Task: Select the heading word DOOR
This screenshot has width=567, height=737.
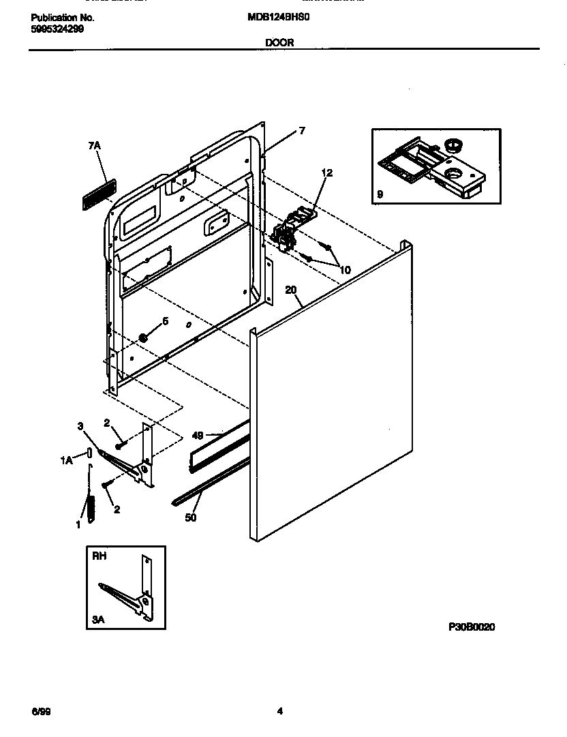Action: (x=279, y=42)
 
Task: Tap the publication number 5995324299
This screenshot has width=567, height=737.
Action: (x=57, y=29)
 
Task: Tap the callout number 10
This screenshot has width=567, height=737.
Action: (x=345, y=270)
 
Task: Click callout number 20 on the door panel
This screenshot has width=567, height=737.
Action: (x=291, y=290)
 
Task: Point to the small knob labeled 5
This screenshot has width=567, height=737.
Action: (x=144, y=337)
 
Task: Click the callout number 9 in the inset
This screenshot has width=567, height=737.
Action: (x=380, y=194)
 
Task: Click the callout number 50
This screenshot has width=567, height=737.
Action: (x=191, y=518)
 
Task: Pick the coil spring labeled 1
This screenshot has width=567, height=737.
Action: (x=89, y=507)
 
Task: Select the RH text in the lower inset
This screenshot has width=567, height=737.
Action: (x=99, y=556)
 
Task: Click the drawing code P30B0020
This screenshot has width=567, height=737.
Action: (x=472, y=627)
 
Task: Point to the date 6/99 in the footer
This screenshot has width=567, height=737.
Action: (x=40, y=712)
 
